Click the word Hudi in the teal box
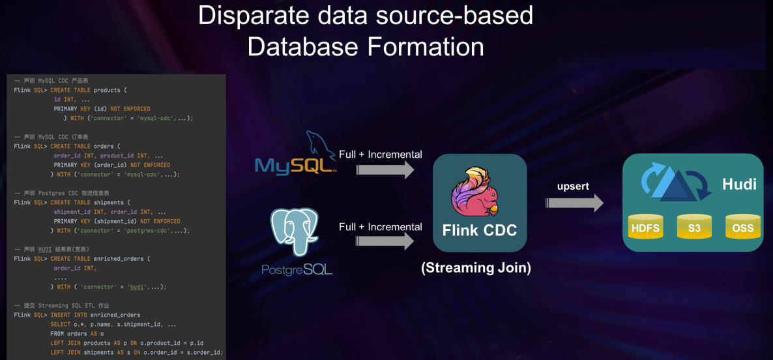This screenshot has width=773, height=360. point(739,185)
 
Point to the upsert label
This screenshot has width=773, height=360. point(574,187)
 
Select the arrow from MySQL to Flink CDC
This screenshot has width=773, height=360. point(385,170)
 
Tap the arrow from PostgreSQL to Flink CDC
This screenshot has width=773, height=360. point(385,241)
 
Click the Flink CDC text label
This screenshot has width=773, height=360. point(479,230)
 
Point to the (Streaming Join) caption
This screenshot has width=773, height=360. point(476,267)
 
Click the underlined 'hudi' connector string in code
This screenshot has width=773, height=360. point(137,287)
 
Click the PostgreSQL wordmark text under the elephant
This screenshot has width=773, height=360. point(297,269)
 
